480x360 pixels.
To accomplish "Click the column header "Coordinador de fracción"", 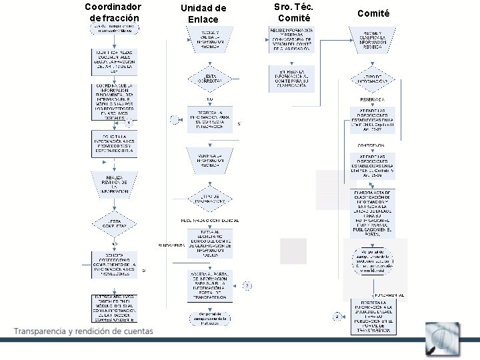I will [113, 13].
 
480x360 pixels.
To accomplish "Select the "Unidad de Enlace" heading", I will [203, 13].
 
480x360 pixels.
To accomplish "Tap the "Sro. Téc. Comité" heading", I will [294, 12].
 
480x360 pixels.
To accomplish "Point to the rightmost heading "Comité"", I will [373, 13].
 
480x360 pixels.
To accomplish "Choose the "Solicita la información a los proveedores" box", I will [114, 143].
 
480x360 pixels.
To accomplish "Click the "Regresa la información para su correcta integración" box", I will [210, 118].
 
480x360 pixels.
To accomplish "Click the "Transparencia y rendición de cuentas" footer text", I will [83, 331].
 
